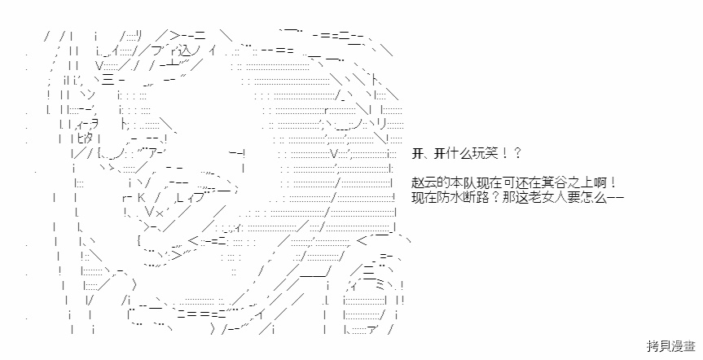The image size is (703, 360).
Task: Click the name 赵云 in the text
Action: (x=422, y=183)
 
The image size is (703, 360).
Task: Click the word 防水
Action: (x=445, y=197)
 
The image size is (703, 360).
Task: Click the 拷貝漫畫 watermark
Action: (x=670, y=345)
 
